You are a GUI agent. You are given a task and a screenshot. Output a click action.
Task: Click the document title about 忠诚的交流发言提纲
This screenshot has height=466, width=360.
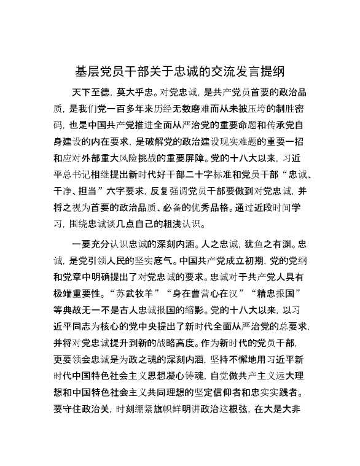179,71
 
